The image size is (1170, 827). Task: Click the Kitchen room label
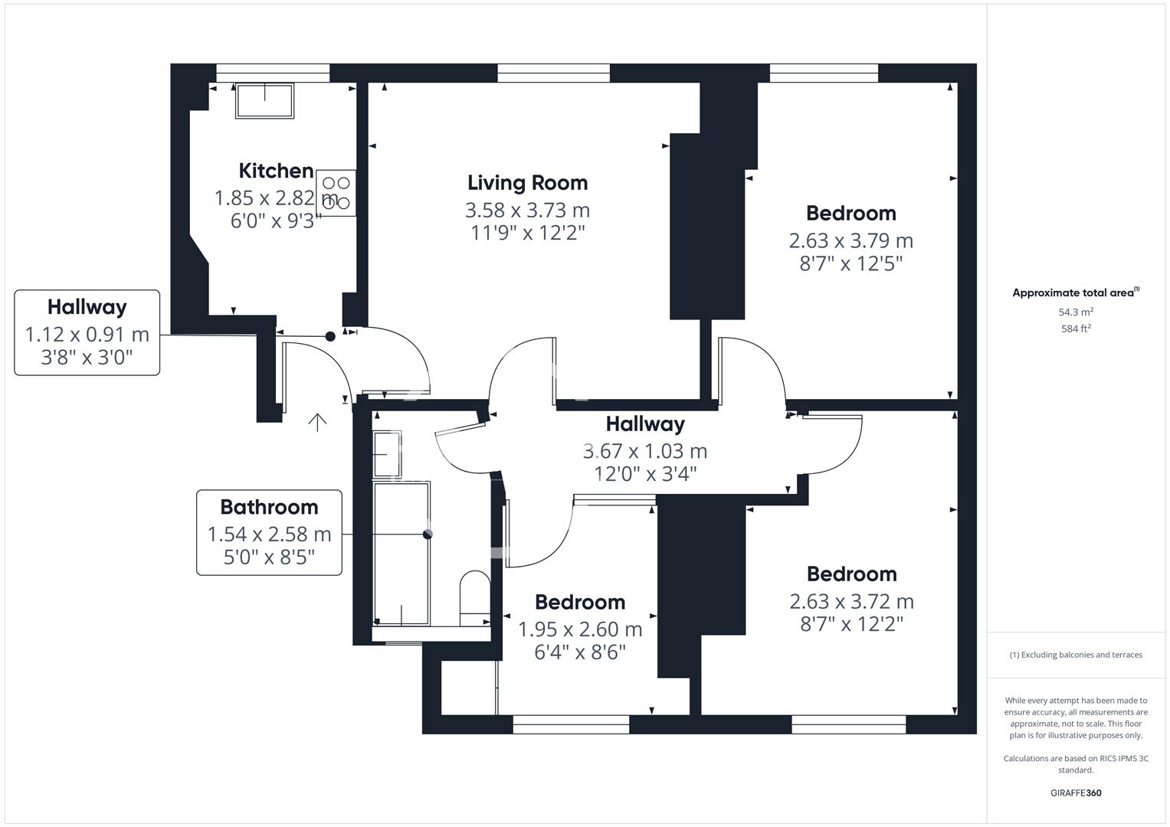[x=276, y=171]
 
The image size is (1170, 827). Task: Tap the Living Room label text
[x=528, y=183]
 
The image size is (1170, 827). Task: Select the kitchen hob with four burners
[x=336, y=193]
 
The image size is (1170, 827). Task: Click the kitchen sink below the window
[x=265, y=100]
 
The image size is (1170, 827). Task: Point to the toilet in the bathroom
[x=475, y=598]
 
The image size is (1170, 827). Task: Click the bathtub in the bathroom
[x=401, y=554]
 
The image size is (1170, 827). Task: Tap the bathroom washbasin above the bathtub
[x=387, y=454]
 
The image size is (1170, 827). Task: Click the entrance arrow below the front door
[x=317, y=423]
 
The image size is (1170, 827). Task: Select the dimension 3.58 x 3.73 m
[x=528, y=211]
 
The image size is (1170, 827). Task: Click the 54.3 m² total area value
[x=1076, y=312]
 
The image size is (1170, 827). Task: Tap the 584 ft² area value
[x=1076, y=329]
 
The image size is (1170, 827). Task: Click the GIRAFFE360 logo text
[x=1076, y=793]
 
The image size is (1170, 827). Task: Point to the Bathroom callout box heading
[x=269, y=508]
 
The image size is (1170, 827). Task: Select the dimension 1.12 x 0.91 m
[x=87, y=335]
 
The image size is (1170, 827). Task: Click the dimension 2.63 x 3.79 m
[x=850, y=240]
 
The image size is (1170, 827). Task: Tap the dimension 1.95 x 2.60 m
[x=580, y=629]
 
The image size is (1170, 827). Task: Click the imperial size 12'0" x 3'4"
[x=645, y=474]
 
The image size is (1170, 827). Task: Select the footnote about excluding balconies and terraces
[x=1076, y=655]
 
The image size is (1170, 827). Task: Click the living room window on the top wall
[x=554, y=73]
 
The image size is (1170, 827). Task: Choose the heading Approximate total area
[x=1076, y=293]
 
